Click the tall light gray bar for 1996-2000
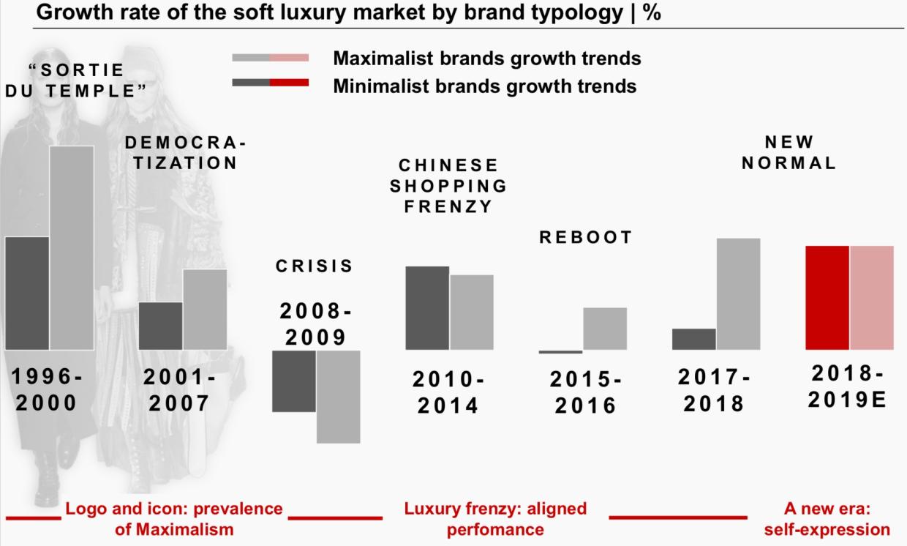72,247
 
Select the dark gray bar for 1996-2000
27,293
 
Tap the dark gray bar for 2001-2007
160,326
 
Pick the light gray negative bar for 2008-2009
338,396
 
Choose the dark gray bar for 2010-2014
427,307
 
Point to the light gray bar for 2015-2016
605,328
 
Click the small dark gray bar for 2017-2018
693,339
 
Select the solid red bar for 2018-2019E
827,297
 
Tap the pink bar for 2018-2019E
872,297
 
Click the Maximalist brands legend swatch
270,58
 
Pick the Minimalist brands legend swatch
270,83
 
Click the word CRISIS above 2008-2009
315,266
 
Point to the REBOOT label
586,238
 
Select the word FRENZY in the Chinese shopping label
448,206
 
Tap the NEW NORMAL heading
789,152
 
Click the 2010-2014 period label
448,392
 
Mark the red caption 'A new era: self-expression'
827,518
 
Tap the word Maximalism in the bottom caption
174,528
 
